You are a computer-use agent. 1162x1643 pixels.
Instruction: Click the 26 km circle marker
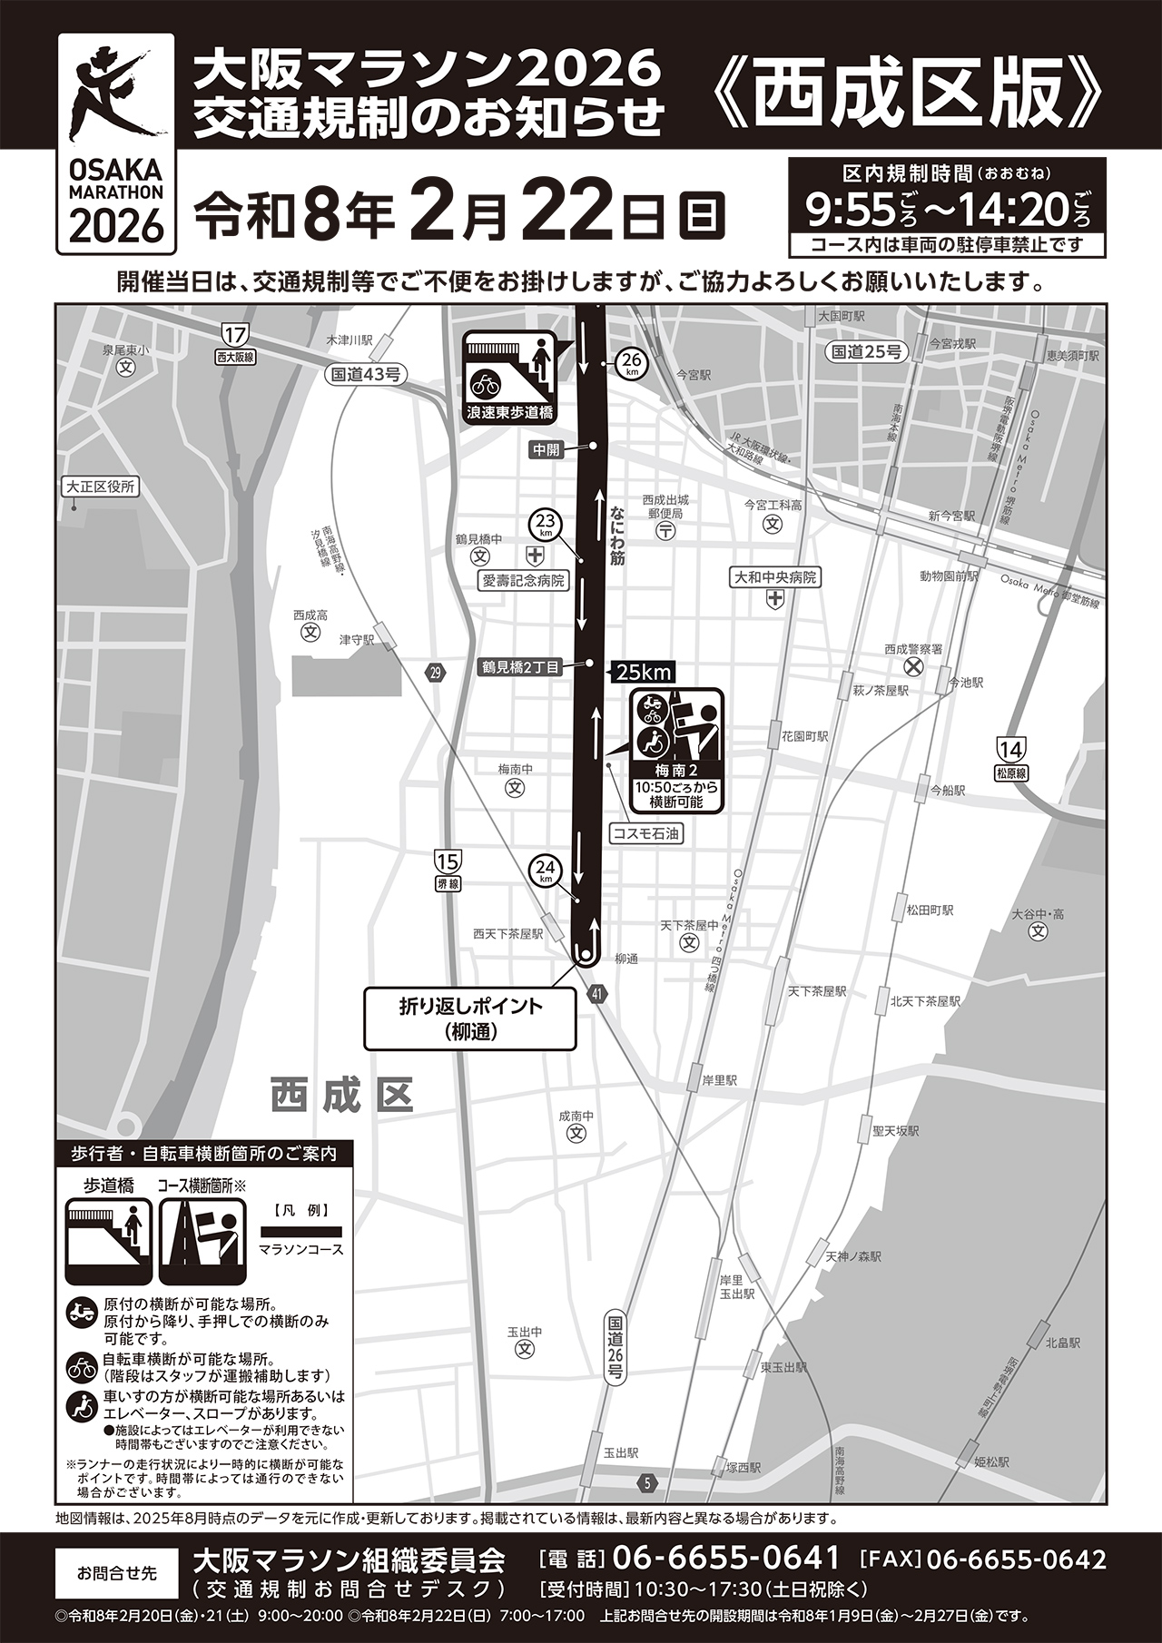(x=631, y=364)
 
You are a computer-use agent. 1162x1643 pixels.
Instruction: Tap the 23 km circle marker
(x=546, y=525)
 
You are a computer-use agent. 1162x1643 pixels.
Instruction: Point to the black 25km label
(x=643, y=673)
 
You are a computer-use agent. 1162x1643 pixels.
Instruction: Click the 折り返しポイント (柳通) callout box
(x=469, y=1018)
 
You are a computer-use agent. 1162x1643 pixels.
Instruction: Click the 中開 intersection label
(x=547, y=448)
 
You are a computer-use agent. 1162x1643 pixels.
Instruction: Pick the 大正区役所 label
(x=100, y=487)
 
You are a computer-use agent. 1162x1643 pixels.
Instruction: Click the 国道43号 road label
(x=365, y=373)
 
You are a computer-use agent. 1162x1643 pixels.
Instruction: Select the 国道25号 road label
(x=867, y=351)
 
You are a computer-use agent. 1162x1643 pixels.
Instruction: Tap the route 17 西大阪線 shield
(x=236, y=342)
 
